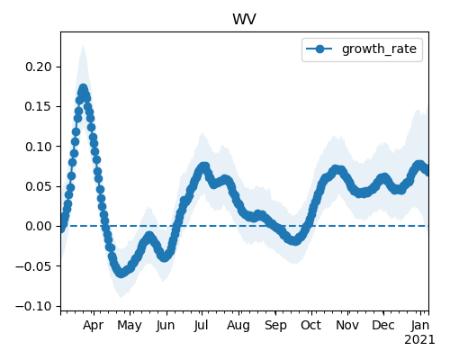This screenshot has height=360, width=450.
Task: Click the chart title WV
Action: pos(244,20)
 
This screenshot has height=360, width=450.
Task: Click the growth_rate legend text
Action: pos(379,49)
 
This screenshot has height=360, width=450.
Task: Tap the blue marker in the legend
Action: pos(319,49)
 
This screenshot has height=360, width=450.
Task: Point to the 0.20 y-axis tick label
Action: pos(39,67)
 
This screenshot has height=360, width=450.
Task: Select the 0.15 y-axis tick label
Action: pos(39,106)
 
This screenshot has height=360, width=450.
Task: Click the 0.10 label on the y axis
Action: pos(39,147)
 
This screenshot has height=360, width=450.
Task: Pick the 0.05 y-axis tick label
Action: pos(39,186)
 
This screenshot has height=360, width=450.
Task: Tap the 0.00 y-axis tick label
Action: pos(39,226)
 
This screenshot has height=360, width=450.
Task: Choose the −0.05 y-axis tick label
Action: pos(34,266)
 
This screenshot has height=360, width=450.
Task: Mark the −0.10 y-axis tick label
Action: pos(34,306)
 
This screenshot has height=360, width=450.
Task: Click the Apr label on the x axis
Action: pos(94,326)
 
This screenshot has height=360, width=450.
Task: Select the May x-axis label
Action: pos(130,326)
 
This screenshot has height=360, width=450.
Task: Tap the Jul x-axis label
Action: pos(201,326)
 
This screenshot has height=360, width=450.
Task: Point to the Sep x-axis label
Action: pos(275,326)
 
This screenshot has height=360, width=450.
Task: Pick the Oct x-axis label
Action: pos(311,326)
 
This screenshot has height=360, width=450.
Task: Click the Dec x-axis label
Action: pos(383,326)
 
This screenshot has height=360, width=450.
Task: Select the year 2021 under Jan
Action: pos(419,340)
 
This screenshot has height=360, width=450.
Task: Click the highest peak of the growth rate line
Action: pos(83,89)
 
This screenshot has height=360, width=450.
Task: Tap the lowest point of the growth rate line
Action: pos(121,273)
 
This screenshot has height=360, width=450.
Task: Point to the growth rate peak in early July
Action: pos(204,166)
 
